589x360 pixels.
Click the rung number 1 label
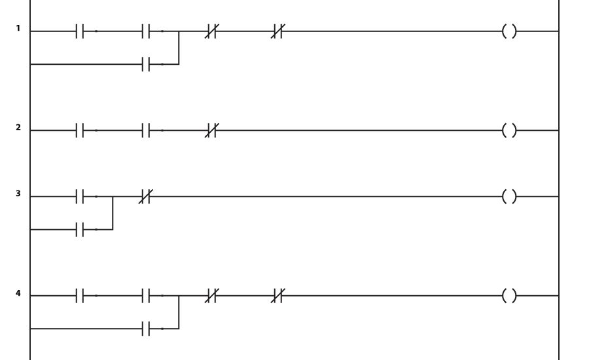[x=18, y=28]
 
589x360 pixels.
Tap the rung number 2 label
[x=18, y=128]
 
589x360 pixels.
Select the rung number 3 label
[x=18, y=194]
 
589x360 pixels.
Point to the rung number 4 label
[x=18, y=293]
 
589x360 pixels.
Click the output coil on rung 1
[x=509, y=31]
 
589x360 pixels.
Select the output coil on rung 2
[x=509, y=130]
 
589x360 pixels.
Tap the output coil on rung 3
[x=509, y=196]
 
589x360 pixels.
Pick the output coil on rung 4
[x=509, y=296]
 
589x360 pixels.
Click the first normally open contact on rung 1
[x=80, y=31]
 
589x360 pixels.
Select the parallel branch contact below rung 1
[x=146, y=64]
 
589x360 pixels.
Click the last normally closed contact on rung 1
[x=277, y=31]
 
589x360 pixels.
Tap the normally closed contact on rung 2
[x=211, y=130]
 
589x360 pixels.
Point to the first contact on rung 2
[x=80, y=130]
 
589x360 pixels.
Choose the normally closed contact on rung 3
[x=146, y=196]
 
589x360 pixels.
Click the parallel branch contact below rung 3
[x=80, y=229]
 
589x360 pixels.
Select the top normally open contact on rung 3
[x=80, y=196]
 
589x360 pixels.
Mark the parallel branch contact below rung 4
[x=146, y=329]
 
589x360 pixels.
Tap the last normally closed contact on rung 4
[x=277, y=296]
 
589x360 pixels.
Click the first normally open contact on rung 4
[x=80, y=296]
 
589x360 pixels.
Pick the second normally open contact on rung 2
[x=146, y=130]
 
